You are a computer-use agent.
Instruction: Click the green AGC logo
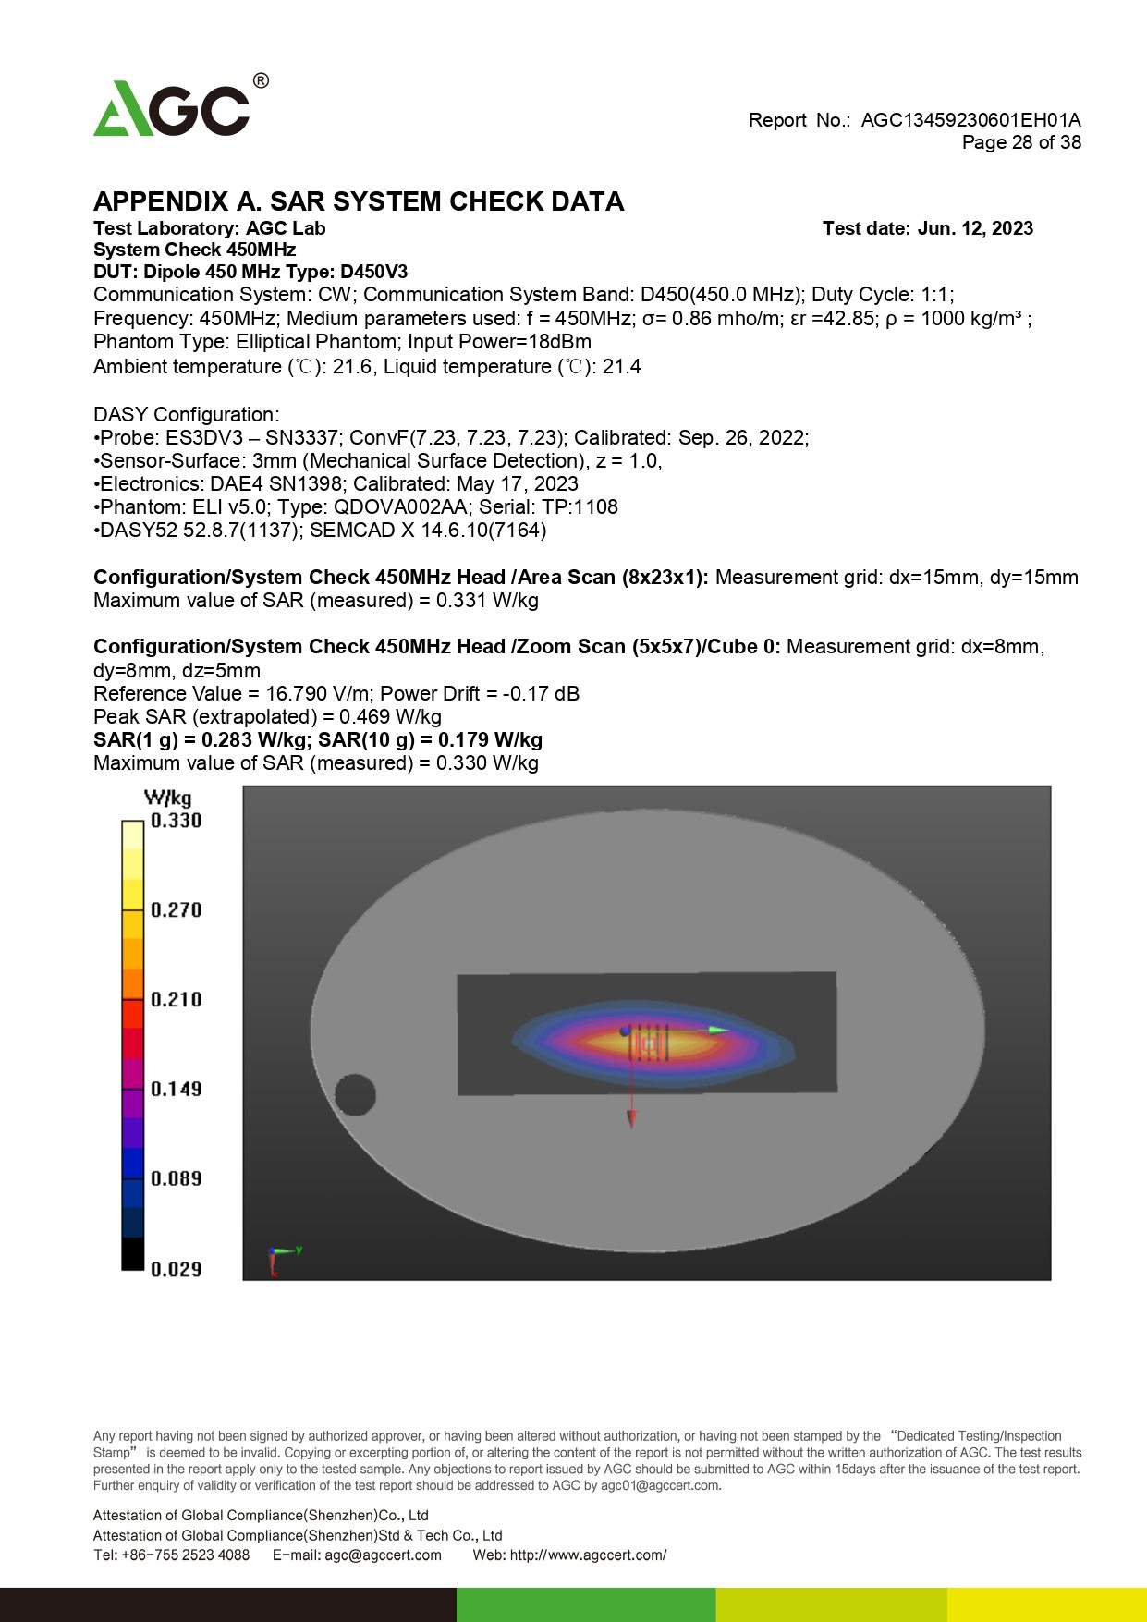[172, 109]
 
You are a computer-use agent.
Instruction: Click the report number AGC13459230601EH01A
[970, 120]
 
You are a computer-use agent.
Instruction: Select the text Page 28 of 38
[1021, 142]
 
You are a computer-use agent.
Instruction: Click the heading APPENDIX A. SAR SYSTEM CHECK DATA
[359, 201]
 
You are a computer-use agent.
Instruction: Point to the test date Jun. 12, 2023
[975, 228]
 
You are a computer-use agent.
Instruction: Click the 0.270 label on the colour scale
[176, 910]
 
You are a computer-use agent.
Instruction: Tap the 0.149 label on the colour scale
[176, 1089]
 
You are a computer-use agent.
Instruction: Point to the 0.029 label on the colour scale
[176, 1269]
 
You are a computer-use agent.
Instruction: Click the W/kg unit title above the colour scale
[168, 798]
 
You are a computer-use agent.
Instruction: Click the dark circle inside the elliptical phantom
[355, 1095]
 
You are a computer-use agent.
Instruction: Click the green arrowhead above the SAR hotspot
[719, 1030]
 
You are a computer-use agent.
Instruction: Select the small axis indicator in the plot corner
[281, 1257]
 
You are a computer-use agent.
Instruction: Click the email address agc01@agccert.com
[659, 1485]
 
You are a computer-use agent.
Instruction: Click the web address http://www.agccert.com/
[588, 1555]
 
